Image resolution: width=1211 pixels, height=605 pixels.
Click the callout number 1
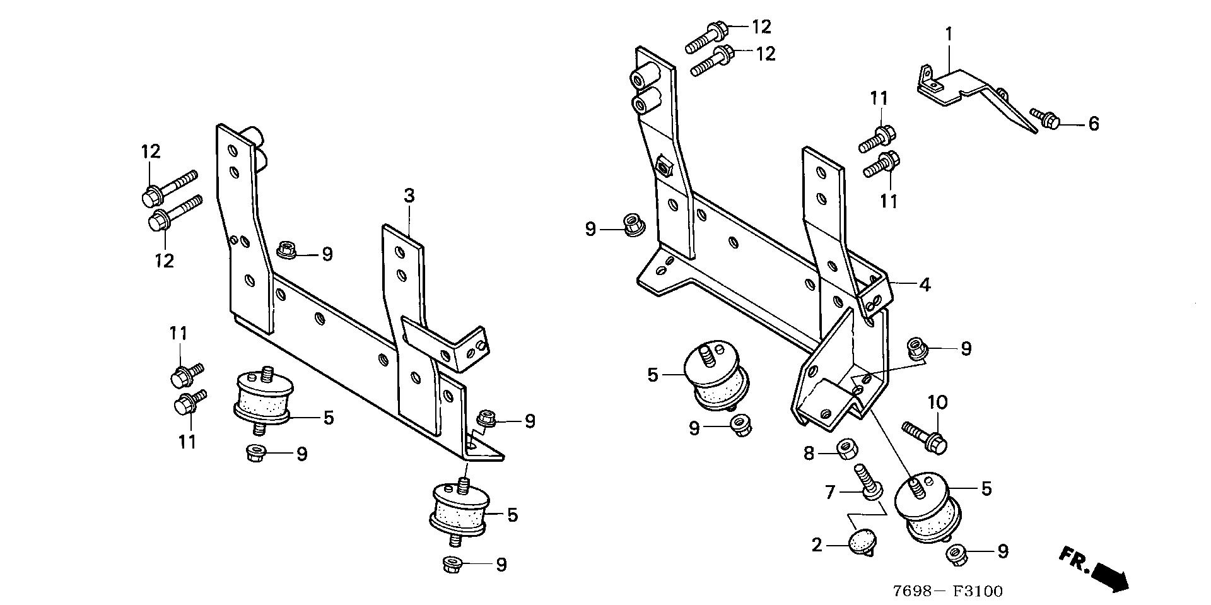tap(948, 33)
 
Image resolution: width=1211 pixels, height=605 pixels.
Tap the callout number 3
tap(409, 196)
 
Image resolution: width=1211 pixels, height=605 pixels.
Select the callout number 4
tap(925, 285)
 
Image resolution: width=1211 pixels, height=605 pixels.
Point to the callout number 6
tap(1093, 124)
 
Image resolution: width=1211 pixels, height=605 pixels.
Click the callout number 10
tap(937, 402)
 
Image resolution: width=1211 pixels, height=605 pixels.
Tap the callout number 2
tap(817, 544)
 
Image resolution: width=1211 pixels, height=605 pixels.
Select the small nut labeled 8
tap(847, 449)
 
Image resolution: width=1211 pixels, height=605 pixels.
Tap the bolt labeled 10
tap(925, 437)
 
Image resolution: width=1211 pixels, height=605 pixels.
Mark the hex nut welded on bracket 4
tap(664, 167)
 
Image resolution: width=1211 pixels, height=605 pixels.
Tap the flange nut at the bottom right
tap(957, 555)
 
